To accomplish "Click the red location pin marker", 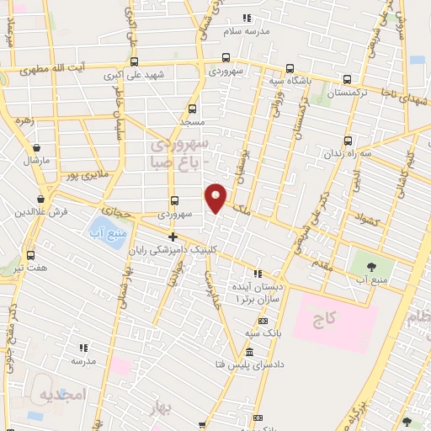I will click(x=216, y=197).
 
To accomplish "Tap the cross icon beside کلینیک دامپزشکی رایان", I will click(x=173, y=237).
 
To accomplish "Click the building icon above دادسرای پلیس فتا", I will click(x=249, y=351).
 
